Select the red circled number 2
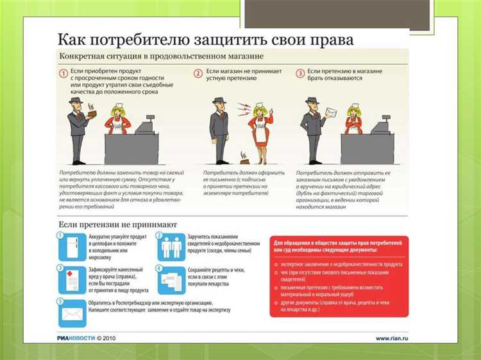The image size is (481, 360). [199, 74]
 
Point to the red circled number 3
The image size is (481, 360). [300, 74]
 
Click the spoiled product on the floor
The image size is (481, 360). [242, 156]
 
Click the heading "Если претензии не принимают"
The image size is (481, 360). [118, 225]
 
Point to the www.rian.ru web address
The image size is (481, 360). [392, 338]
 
